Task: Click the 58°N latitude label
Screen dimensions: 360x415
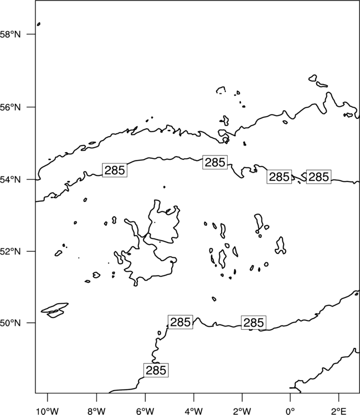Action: pyautogui.click(x=10, y=34)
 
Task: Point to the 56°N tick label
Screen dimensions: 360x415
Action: pyautogui.click(x=10, y=107)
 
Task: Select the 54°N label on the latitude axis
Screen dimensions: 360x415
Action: pyautogui.click(x=10, y=180)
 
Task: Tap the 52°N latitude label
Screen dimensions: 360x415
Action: pyautogui.click(x=10, y=251)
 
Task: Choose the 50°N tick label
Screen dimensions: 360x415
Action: pyautogui.click(x=10, y=323)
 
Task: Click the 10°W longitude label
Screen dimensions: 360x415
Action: pyautogui.click(x=48, y=411)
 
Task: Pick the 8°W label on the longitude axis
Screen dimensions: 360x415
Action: pyautogui.click(x=96, y=411)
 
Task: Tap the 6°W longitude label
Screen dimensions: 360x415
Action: pyautogui.click(x=145, y=411)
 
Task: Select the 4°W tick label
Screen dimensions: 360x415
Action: pyautogui.click(x=193, y=411)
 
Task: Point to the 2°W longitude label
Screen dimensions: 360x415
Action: pyautogui.click(x=242, y=411)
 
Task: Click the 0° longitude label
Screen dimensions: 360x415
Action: pyautogui.click(x=290, y=411)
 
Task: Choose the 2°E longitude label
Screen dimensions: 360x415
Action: pyautogui.click(x=339, y=411)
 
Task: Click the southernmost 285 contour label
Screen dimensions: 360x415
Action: pyautogui.click(x=156, y=370)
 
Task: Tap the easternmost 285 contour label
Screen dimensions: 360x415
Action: pyautogui.click(x=318, y=177)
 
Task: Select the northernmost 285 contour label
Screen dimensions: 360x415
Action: pyautogui.click(x=215, y=162)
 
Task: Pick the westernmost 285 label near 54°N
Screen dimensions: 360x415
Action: pyautogui.click(x=115, y=170)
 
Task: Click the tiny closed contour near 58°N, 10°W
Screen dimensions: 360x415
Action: pyautogui.click(x=39, y=24)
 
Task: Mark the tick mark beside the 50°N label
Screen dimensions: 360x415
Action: pyautogui.click(x=31, y=323)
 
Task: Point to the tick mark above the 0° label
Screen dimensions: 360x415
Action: pyautogui.click(x=290, y=397)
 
